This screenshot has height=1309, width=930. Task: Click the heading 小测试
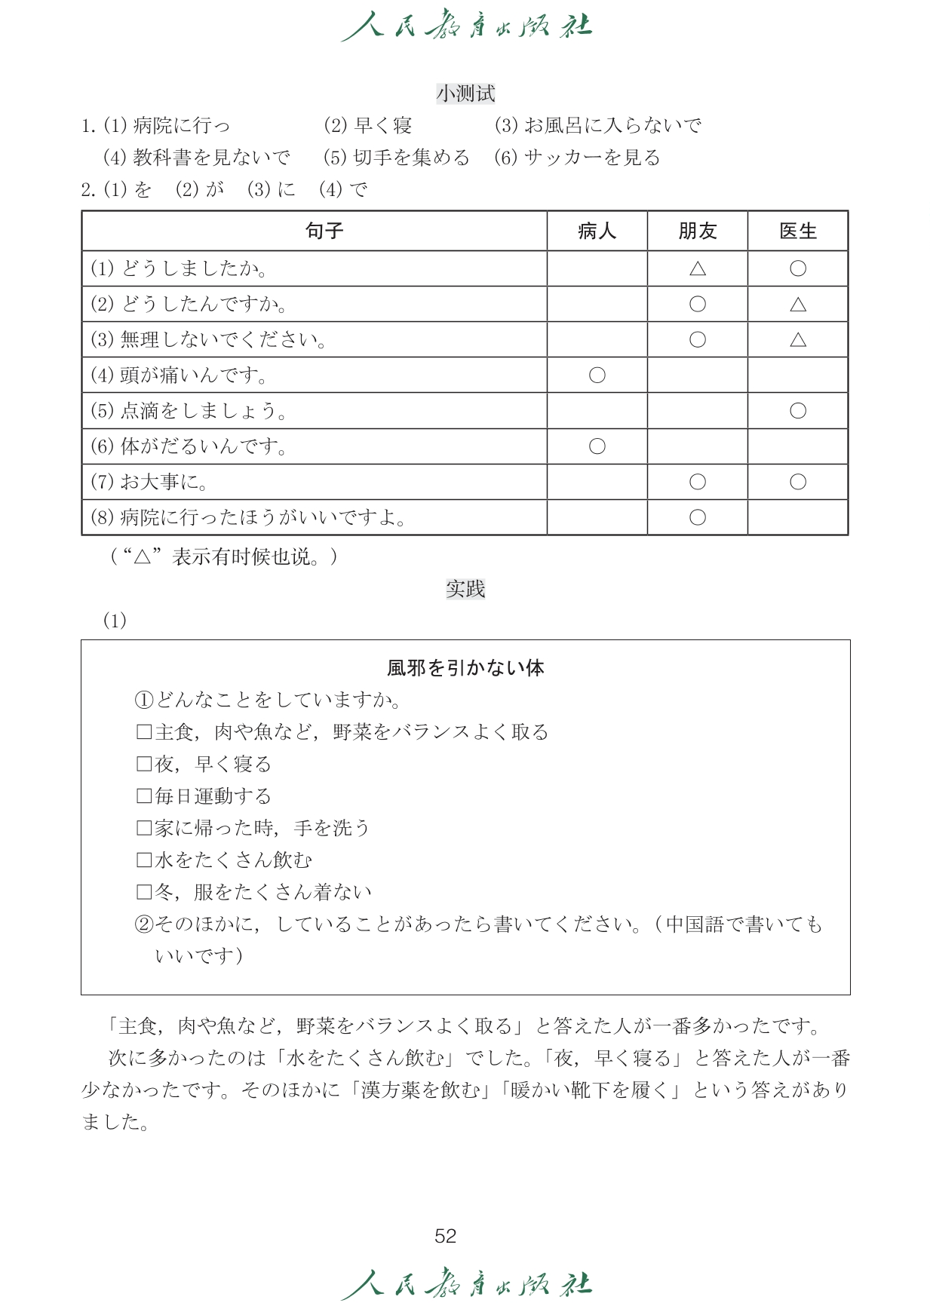tap(465, 93)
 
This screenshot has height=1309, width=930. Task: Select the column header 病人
tap(597, 231)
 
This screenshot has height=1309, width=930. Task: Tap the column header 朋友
tap(697, 231)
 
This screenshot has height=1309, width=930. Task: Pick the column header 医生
tap(797, 231)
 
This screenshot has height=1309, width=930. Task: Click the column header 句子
tap(324, 231)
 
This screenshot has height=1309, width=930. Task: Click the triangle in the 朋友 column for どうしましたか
tap(697, 268)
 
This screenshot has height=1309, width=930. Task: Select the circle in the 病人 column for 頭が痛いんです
tap(597, 375)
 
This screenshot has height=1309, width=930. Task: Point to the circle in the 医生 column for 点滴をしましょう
tap(797, 411)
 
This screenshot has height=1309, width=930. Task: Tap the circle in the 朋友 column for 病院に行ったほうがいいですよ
tap(697, 517)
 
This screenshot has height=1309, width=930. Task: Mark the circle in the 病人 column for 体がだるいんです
tap(597, 446)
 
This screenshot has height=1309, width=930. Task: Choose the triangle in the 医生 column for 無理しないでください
tap(797, 340)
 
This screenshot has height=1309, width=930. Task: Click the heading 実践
tap(465, 589)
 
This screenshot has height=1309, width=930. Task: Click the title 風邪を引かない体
tap(465, 668)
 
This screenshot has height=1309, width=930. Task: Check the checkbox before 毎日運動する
tap(143, 796)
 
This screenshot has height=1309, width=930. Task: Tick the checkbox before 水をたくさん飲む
tap(143, 860)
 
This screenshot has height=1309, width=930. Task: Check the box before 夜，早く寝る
tap(143, 765)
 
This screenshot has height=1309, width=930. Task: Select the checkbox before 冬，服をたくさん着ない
tap(143, 893)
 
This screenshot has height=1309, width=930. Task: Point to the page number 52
tap(445, 1236)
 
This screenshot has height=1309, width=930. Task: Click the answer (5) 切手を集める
tap(396, 158)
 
